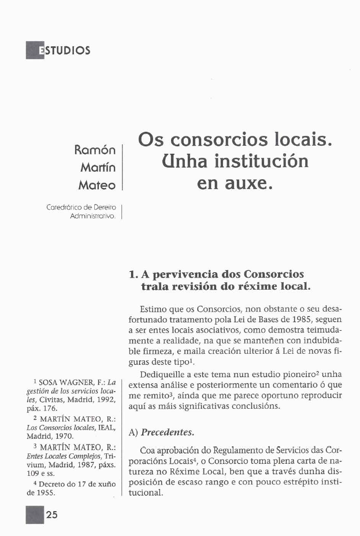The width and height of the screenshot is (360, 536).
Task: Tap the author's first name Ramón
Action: tap(95, 150)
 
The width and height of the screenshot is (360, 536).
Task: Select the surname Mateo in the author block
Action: tap(97, 186)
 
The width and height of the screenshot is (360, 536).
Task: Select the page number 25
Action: tap(51, 516)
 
